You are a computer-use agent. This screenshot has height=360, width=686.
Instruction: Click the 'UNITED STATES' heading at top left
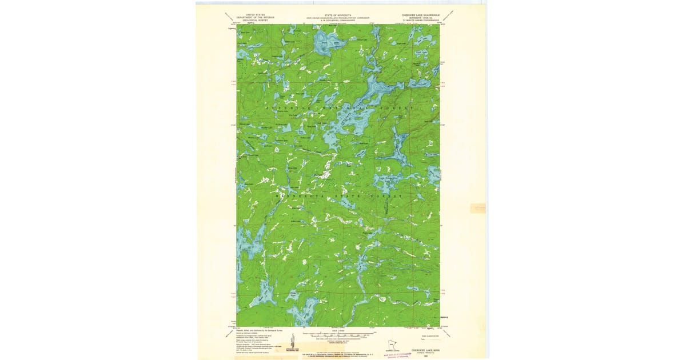pyautogui.click(x=256, y=14)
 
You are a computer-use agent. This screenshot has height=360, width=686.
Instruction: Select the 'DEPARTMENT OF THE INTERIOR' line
pyautogui.click(x=256, y=17)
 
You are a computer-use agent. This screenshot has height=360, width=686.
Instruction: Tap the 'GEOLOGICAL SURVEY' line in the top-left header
pyautogui.click(x=256, y=20)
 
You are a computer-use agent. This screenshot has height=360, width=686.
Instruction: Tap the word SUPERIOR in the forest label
pyautogui.click(x=286, y=107)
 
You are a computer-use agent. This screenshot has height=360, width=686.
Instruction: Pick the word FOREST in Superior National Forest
pyautogui.click(x=398, y=107)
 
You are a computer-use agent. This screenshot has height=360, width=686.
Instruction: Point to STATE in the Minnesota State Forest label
pyautogui.click(x=350, y=196)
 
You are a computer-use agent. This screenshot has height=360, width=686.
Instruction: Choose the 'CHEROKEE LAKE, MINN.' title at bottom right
pyautogui.click(x=424, y=347)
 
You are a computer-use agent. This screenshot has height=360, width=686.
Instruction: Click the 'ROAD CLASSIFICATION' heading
pyautogui.click(x=422, y=330)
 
